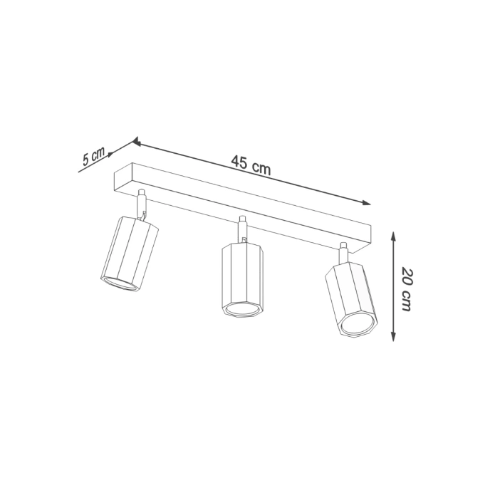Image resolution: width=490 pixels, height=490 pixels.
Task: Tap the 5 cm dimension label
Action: [93, 156]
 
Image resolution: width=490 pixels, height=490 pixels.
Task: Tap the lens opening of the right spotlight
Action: [358, 326]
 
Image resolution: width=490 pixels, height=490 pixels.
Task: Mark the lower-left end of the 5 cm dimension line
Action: [80, 172]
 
